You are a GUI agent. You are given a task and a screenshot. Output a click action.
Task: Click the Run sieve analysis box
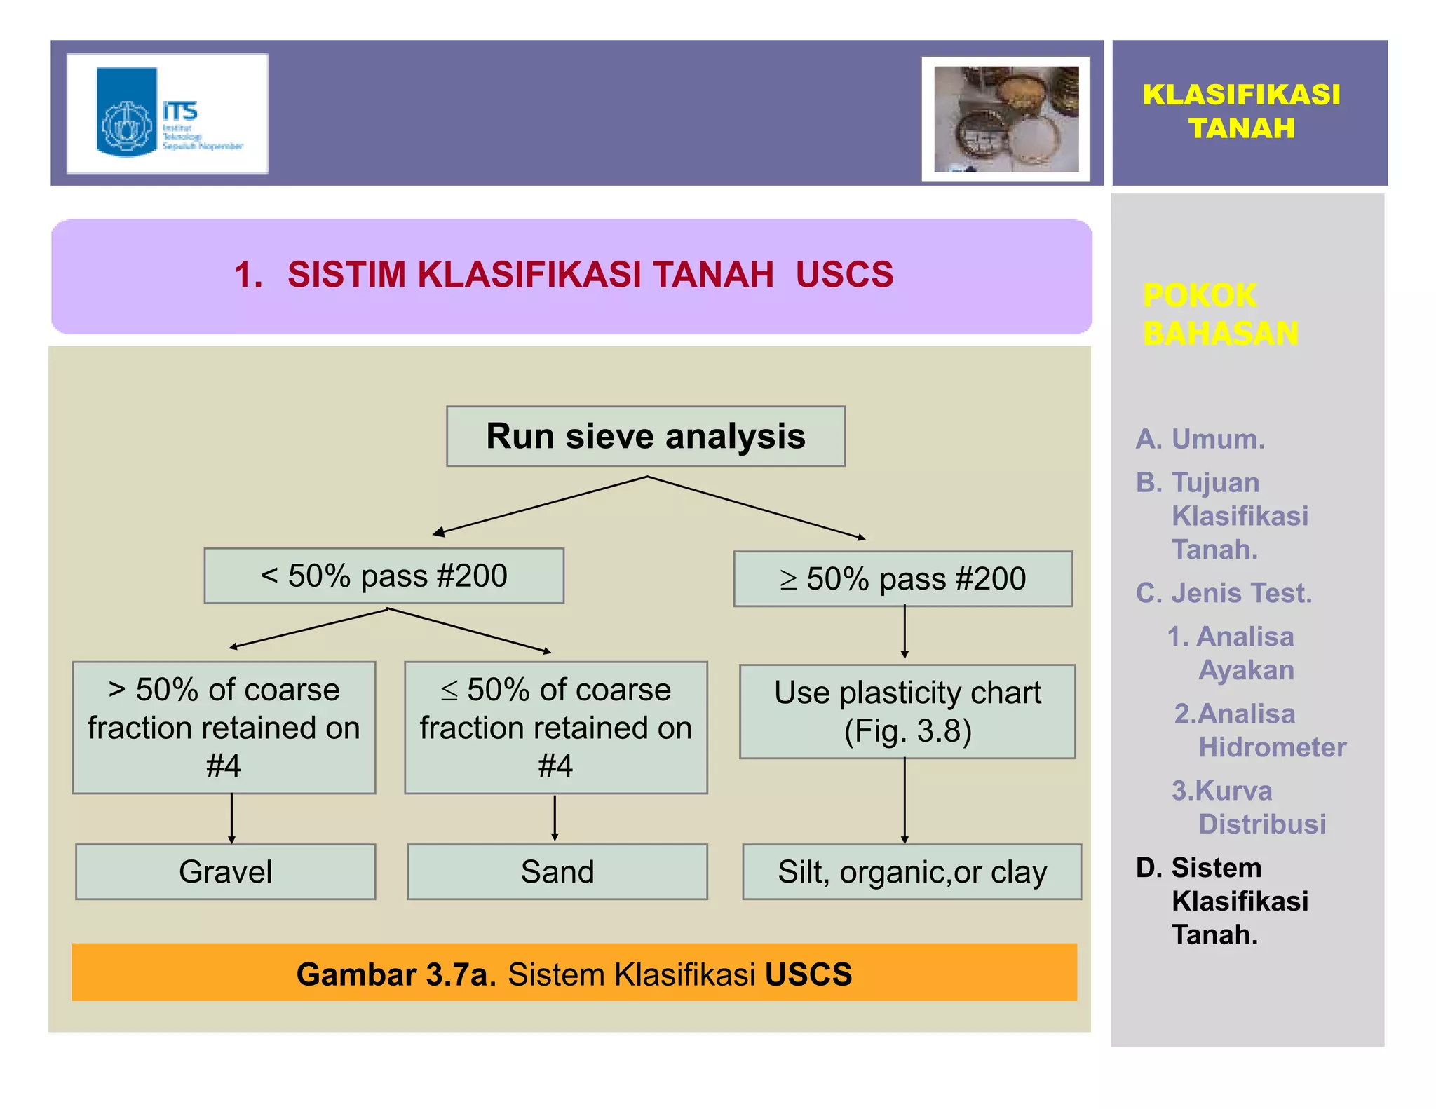[x=645, y=436]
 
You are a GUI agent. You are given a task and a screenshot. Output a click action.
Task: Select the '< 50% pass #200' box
[x=384, y=576]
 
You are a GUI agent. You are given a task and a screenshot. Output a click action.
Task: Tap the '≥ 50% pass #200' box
[x=902, y=579]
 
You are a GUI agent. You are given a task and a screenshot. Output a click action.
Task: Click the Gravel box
[x=225, y=871]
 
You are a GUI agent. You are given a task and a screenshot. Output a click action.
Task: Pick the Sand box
[x=557, y=871]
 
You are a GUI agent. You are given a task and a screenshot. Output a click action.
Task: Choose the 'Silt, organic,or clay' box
[x=912, y=871]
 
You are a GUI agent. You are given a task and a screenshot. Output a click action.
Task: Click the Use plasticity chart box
[x=907, y=712]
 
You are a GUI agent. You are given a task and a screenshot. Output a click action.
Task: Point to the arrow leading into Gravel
[x=231, y=818]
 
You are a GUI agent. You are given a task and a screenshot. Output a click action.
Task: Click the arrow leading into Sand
[x=555, y=817]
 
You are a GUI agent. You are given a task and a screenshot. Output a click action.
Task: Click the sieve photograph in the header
[x=1005, y=119]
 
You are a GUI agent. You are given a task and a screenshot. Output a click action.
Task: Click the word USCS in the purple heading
[x=844, y=274]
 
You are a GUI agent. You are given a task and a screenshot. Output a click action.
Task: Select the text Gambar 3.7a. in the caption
[x=396, y=974]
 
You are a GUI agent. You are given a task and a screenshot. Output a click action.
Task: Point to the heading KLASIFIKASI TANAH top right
[x=1241, y=111]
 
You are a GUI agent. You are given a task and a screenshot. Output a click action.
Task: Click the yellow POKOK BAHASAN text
[x=1220, y=314]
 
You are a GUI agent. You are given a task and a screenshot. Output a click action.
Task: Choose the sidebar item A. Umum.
[x=1200, y=439]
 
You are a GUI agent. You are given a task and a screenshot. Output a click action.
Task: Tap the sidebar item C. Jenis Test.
[x=1224, y=593]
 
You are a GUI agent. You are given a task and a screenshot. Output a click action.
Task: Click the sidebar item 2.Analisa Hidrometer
[x=1259, y=730]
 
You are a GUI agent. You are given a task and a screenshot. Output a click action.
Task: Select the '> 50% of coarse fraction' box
[x=224, y=727]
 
